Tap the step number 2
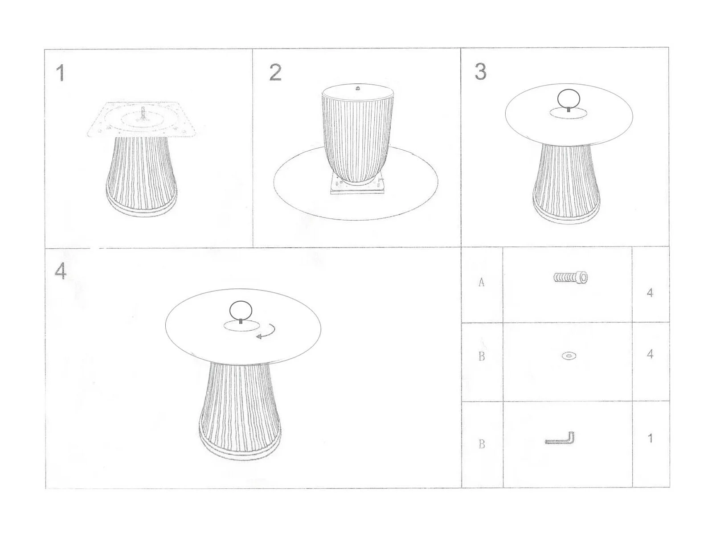[x=275, y=73]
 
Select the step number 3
[x=480, y=72]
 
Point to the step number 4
[x=60, y=271]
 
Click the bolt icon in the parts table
[x=570, y=277]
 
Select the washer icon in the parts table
[x=569, y=356]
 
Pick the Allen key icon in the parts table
[x=560, y=439]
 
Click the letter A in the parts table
[x=482, y=282]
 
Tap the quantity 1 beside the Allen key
[x=650, y=438]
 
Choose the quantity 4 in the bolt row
[x=650, y=293]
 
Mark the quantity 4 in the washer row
[x=650, y=354]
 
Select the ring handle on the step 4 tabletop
[x=241, y=311]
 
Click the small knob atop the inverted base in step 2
[x=358, y=88]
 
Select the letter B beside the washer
[x=482, y=356]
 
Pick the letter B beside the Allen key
[x=482, y=444]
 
